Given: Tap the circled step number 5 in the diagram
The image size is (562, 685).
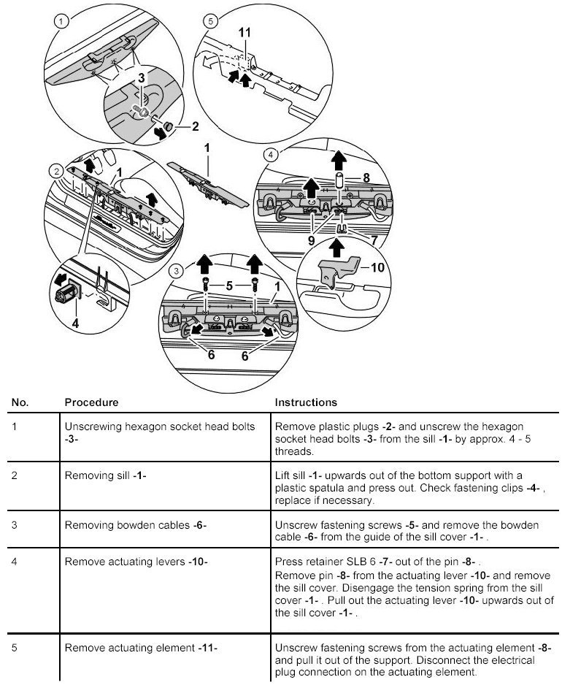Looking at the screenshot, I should (212, 21).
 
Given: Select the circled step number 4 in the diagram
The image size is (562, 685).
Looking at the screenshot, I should (272, 155).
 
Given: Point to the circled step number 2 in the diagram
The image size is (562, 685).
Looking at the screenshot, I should (56, 171).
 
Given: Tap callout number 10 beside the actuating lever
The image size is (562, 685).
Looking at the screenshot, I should (377, 267).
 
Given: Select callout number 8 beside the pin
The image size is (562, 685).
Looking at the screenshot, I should (366, 177).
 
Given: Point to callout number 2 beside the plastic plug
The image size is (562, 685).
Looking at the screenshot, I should (195, 126).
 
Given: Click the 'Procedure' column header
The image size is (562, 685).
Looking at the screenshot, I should (91, 402).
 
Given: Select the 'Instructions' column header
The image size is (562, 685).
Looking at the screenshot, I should (306, 402).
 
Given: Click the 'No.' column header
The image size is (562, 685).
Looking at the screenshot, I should (20, 402).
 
